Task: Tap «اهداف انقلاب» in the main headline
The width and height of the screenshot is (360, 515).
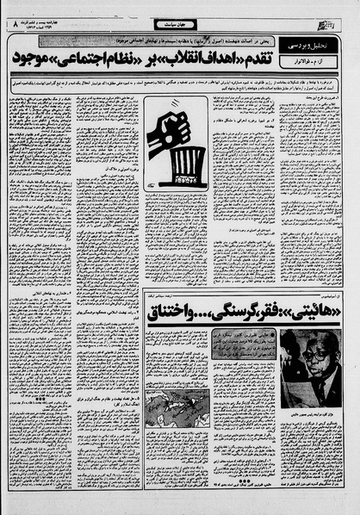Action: tap(214, 59)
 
